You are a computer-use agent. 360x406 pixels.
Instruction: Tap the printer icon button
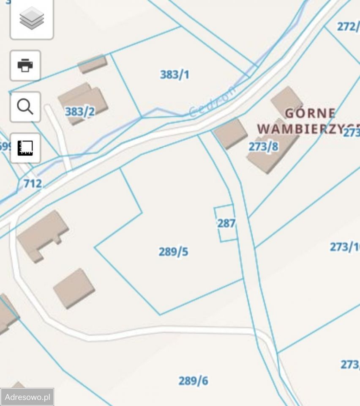pos(25,66)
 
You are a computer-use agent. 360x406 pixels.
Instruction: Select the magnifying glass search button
pos(25,107)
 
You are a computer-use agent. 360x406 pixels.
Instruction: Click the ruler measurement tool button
pos(25,148)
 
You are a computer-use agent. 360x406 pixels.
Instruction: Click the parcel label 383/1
pos(175,75)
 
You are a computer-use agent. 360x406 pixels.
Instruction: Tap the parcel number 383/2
pos(80,112)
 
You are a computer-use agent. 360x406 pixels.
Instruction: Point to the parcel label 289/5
pos(173,252)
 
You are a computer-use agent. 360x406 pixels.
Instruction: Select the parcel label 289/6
pos(193,381)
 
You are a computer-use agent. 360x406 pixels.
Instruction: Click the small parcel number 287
pos(226,223)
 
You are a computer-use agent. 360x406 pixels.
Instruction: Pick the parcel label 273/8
pos(263,147)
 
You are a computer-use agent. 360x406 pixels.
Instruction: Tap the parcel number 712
pos(33,183)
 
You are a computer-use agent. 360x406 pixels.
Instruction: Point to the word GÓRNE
pos(310,113)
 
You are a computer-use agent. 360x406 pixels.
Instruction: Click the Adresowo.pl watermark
pos(27,397)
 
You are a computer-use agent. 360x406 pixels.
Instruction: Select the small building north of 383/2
pos(92,63)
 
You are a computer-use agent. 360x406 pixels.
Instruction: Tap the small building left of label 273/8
pos(230,133)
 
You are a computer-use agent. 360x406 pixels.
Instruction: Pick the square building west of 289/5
pos(74,288)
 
